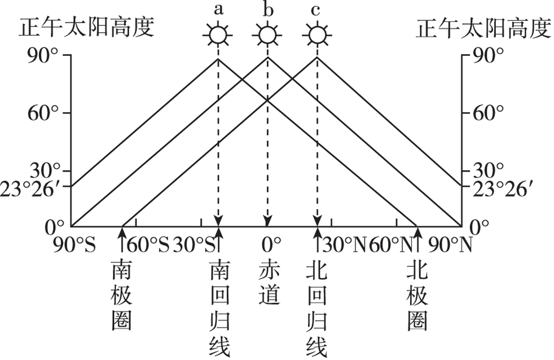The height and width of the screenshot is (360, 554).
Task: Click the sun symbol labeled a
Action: coord(218,35)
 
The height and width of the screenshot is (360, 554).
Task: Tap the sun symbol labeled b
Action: coord(267,35)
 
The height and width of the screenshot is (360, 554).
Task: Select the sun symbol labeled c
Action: coord(317,35)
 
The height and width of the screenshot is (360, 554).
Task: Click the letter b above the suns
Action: coord(267,10)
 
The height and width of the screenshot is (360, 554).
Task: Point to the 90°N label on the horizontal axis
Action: coord(452,245)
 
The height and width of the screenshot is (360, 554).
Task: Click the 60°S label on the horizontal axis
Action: coord(148,245)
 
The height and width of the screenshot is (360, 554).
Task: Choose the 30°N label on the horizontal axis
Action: coord(344,245)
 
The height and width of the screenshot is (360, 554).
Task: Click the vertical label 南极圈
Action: coord(122,295)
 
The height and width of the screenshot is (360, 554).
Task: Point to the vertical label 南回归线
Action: coord(219,308)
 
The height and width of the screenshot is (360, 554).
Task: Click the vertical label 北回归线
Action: coord(316,308)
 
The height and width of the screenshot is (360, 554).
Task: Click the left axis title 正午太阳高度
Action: coord(87,27)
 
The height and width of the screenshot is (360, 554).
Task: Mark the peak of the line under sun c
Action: coord(317,57)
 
